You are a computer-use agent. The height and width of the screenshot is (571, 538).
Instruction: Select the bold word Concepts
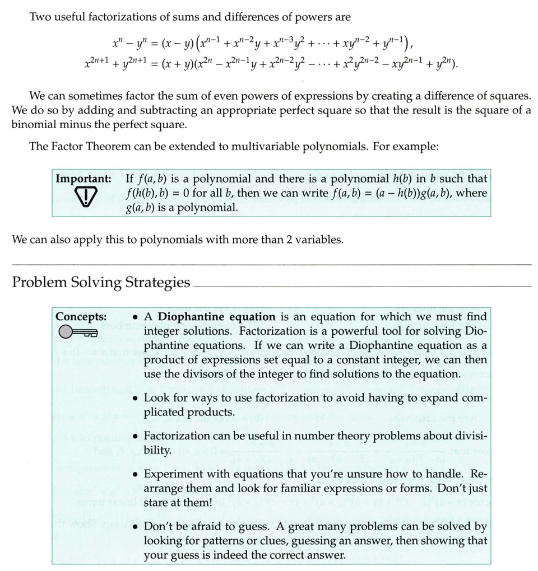tap(81, 316)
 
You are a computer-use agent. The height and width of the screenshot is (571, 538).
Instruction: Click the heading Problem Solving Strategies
tap(101, 282)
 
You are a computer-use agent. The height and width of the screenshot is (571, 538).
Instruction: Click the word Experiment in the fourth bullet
tap(172, 474)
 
